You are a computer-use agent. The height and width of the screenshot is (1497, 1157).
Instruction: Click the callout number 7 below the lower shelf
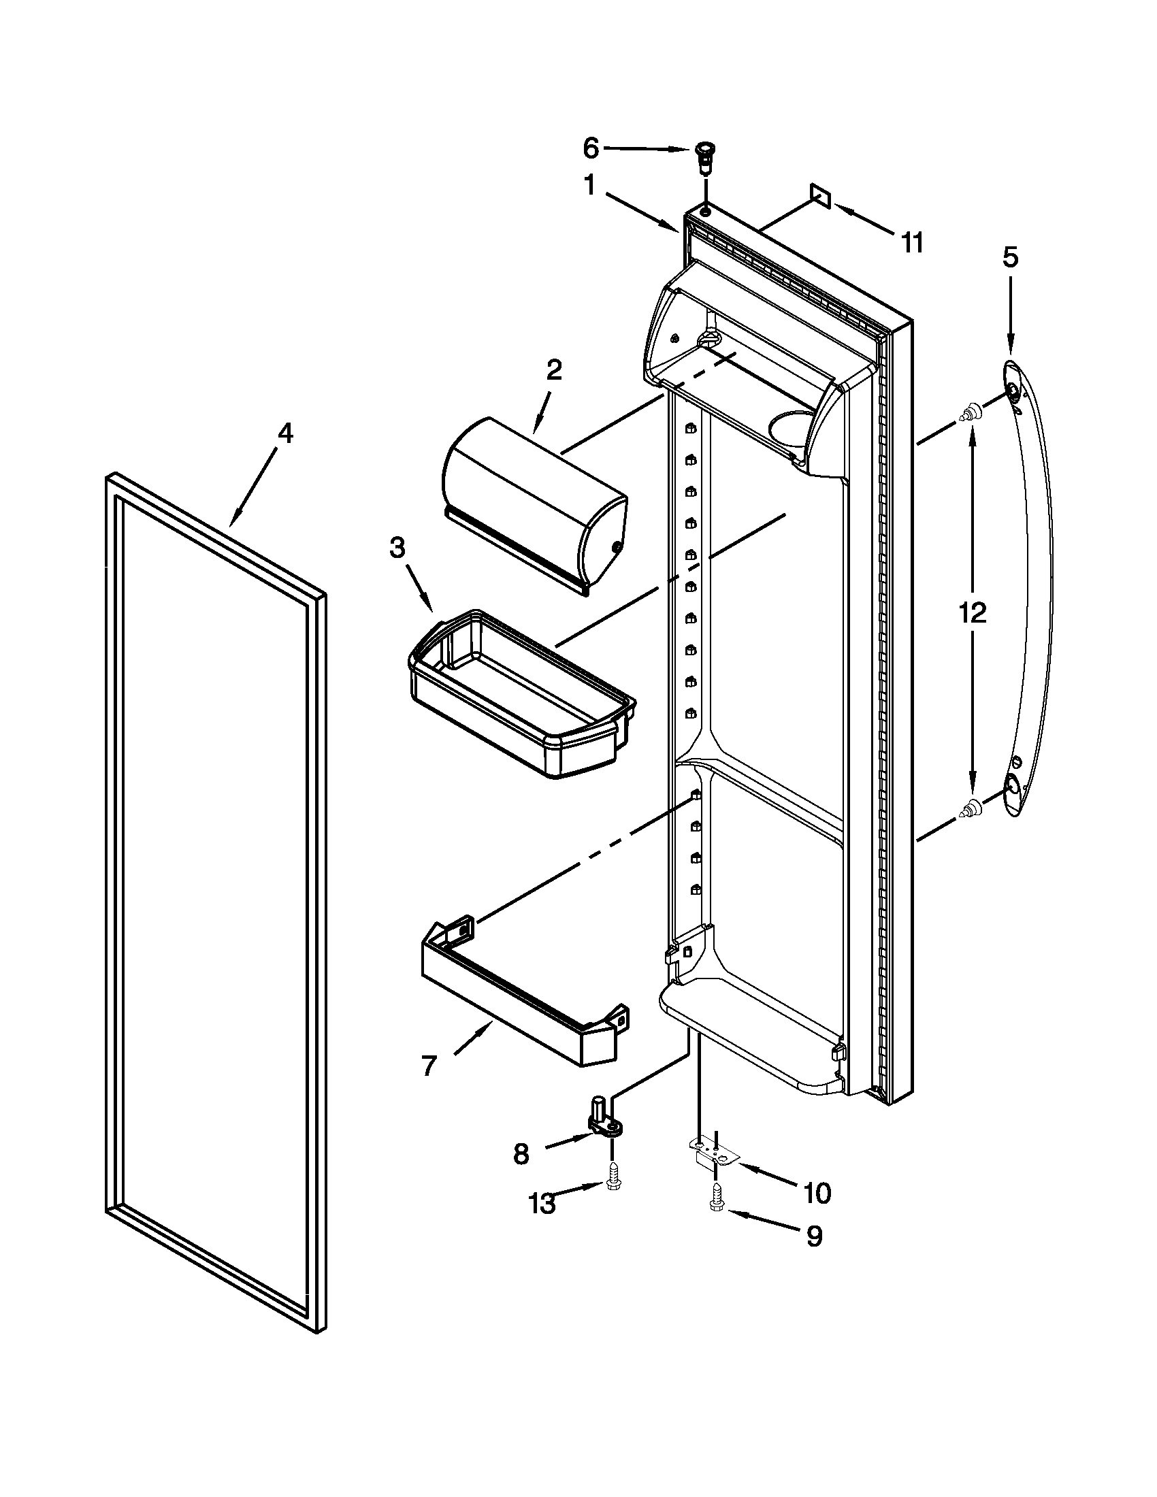click(x=428, y=1066)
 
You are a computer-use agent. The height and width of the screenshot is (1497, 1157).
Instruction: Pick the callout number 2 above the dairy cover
click(x=554, y=370)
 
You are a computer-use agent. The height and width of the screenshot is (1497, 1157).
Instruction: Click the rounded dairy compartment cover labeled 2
click(x=535, y=504)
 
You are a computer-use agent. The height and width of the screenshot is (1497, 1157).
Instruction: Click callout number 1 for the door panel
click(x=589, y=186)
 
